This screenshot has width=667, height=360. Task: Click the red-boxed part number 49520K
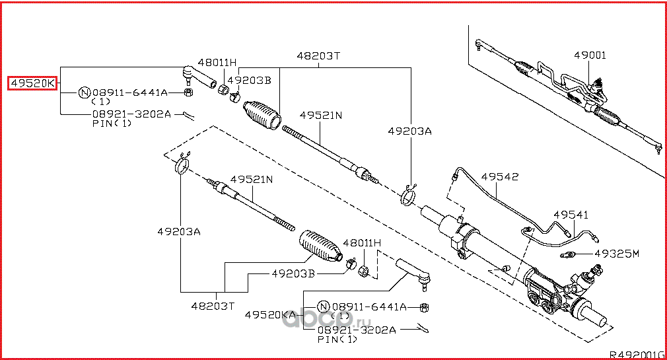[32, 83]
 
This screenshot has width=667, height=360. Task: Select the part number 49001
[589, 55]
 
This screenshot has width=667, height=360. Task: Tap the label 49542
[499, 177]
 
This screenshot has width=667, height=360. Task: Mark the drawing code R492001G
[636, 353]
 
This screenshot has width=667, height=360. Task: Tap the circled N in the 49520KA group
[324, 307]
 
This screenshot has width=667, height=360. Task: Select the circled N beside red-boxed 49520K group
[85, 92]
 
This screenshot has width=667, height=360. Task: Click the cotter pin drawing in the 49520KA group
[423, 328]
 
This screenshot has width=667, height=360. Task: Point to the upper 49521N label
[320, 115]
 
